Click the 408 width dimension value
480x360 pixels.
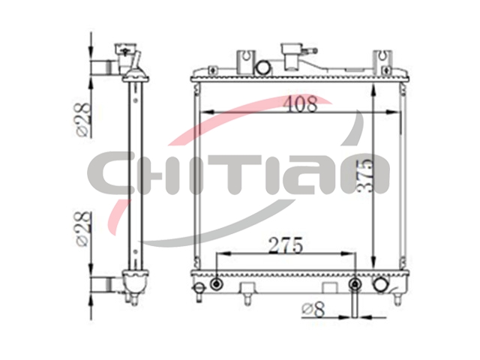tap(300, 104)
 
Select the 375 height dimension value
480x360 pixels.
tap(364, 176)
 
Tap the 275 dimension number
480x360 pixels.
tap(286, 245)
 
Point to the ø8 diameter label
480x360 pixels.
tap(313, 310)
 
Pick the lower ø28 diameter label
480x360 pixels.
tap(82, 229)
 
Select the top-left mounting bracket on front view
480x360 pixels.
tap(245, 61)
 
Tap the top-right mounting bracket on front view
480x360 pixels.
tap(382, 61)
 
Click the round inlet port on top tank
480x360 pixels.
tap(263, 67)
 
